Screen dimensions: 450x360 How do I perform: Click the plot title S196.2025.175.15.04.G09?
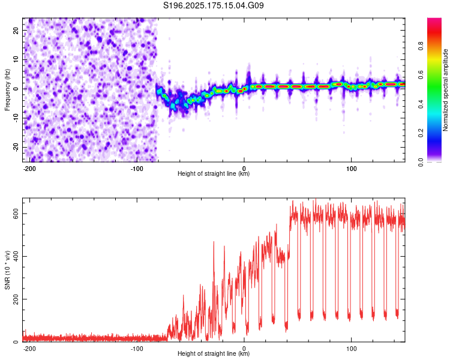tap(213, 5)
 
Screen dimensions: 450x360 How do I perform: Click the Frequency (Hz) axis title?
tap(7, 90)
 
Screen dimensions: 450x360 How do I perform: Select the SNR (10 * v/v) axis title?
tap(7, 270)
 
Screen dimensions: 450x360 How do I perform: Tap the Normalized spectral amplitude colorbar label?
tap(445, 90)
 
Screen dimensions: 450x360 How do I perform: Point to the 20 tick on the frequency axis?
tap(16, 30)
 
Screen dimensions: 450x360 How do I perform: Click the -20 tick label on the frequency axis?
tap(16, 147)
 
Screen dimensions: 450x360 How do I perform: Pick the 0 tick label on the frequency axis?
tap(16, 89)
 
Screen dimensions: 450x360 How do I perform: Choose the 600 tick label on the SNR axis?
tap(16, 214)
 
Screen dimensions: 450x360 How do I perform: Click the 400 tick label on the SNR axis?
tap(16, 256)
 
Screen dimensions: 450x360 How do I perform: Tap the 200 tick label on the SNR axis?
tap(16, 299)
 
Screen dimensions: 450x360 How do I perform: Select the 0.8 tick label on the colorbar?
tap(421, 46)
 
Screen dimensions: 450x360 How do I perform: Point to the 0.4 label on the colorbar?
tap(421, 104)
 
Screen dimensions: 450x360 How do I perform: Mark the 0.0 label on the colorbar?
tap(421, 163)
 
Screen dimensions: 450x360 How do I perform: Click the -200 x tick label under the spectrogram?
tap(29, 169)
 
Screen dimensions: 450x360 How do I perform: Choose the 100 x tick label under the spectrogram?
tap(351, 169)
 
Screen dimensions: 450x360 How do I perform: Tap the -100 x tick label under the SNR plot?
tap(137, 349)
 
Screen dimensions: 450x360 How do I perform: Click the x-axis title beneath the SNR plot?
tap(214, 353)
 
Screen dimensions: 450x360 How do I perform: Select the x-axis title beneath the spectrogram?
tap(214, 173)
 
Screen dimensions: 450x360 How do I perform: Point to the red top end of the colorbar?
tap(434, 20)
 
